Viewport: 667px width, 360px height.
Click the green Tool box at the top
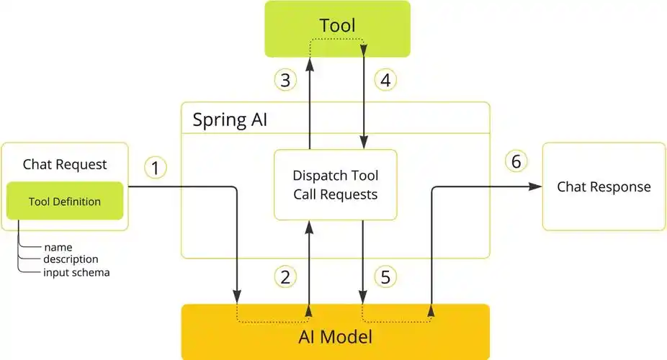click(337, 28)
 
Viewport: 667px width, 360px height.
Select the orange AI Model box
click(336, 336)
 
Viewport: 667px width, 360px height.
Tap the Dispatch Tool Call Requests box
click(335, 184)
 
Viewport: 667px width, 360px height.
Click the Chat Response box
click(604, 186)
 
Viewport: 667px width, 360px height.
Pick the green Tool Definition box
click(65, 201)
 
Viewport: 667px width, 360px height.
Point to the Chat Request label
click(65, 164)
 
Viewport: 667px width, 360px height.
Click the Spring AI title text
click(230, 119)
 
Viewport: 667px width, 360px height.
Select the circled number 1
click(156, 168)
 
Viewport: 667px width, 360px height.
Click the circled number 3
click(285, 79)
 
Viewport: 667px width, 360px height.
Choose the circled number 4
click(385, 79)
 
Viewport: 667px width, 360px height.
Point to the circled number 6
click(516, 161)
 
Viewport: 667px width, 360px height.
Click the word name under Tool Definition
click(58, 247)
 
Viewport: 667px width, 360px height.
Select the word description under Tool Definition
click(71, 259)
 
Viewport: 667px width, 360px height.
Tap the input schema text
click(76, 272)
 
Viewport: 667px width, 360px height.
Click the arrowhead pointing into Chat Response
click(536, 186)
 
